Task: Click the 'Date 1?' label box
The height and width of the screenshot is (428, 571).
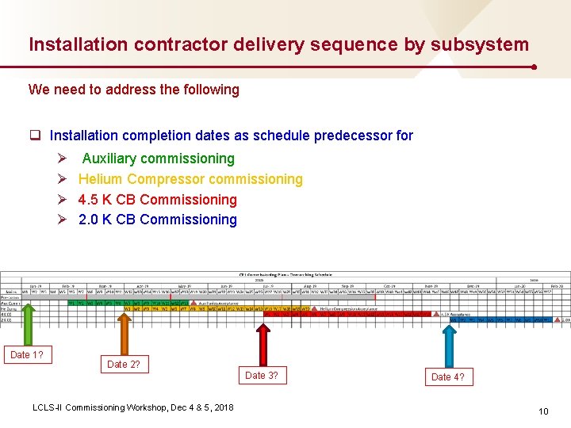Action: point(26,355)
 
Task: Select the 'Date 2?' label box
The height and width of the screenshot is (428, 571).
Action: point(124,364)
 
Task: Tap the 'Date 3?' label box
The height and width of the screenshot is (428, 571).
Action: point(261,376)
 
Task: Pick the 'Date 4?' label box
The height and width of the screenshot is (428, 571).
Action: point(447,377)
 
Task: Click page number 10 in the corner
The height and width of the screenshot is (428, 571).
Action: point(543,411)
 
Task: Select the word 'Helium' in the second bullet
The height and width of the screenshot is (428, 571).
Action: point(101,179)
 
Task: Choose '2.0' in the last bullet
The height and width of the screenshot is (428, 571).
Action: point(89,220)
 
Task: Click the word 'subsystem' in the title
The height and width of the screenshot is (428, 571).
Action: point(480,45)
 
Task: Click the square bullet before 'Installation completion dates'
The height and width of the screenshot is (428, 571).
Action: point(36,136)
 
